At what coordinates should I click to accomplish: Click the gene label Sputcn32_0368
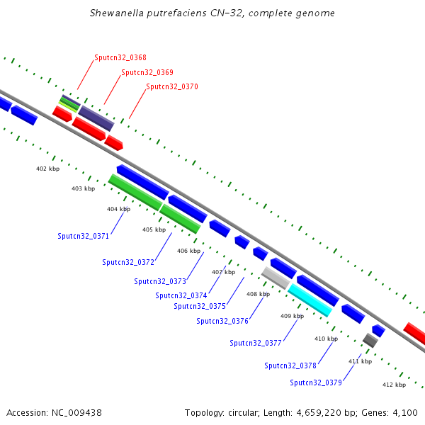[120, 57]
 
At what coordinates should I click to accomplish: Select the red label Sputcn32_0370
[172, 86]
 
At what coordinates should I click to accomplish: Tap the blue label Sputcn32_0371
[83, 236]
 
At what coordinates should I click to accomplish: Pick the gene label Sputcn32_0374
[181, 295]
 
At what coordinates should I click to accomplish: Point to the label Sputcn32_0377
[256, 343]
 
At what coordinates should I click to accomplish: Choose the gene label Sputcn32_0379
[316, 382]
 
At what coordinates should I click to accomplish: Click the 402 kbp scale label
[47, 169]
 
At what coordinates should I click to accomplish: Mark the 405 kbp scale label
[154, 229]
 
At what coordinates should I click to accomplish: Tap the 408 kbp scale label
[258, 294]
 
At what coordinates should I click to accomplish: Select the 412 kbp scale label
[394, 385]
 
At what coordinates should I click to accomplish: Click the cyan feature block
[310, 300]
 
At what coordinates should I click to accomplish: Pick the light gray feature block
[276, 278]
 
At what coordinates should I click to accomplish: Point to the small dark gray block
[370, 341]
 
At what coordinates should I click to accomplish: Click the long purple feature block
[96, 118]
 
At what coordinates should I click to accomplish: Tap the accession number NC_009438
[76, 413]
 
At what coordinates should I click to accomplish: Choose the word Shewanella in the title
[117, 13]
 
